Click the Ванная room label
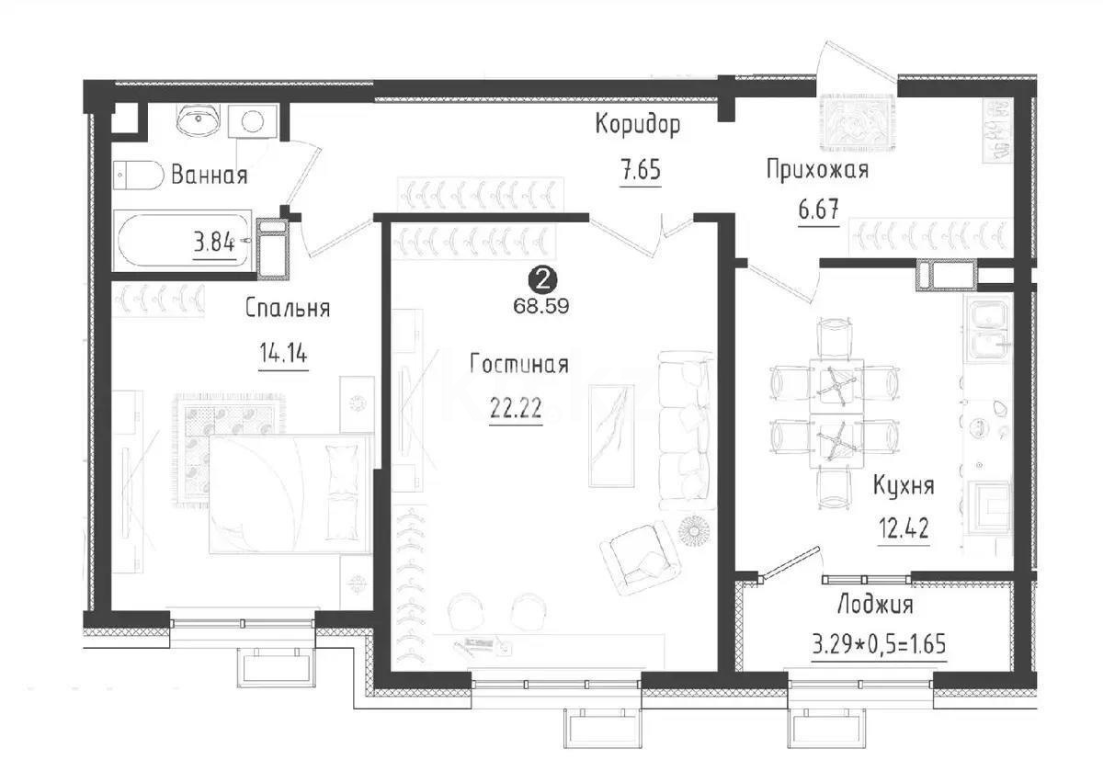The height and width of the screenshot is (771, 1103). (209, 175)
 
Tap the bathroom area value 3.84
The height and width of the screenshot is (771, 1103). (212, 244)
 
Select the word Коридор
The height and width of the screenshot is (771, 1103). (638, 126)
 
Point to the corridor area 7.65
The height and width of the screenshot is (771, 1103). (641, 171)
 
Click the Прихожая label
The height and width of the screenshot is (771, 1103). (817, 169)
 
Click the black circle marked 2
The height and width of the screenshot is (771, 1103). (541, 277)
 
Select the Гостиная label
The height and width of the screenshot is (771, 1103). (518, 365)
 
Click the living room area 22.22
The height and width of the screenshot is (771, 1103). (515, 410)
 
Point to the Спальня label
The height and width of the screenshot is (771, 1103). (287, 309)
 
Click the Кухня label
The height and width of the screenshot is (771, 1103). (903, 485)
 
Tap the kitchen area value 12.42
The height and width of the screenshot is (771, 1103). (903, 529)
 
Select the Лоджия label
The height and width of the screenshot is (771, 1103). (875, 605)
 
